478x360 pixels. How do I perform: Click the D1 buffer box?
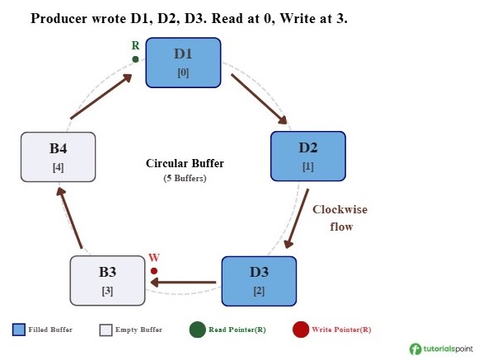pyautogui.click(x=183, y=63)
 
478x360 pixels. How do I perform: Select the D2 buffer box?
pyautogui.click(x=308, y=157)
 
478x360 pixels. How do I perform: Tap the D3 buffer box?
pyautogui.click(x=259, y=281)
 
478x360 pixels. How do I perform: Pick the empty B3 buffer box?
pyautogui.click(x=107, y=281)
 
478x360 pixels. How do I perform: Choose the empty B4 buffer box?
pyautogui.click(x=58, y=157)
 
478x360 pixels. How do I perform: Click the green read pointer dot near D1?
pyautogui.click(x=135, y=58)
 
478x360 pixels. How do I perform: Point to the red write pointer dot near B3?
pyautogui.click(x=154, y=270)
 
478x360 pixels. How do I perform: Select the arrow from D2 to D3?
pyautogui.click(x=298, y=217)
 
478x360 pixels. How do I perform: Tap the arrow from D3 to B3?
pyautogui.click(x=183, y=283)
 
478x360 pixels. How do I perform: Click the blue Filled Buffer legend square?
pyautogui.click(x=19, y=330)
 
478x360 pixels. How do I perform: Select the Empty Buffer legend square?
pyautogui.click(x=105, y=330)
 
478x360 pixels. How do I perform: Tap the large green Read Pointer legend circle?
pyautogui.click(x=197, y=330)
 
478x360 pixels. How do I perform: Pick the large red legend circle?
pyautogui.click(x=300, y=330)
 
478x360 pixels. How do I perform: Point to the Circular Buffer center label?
pyautogui.click(x=185, y=163)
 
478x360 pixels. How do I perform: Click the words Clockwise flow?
pyautogui.click(x=340, y=217)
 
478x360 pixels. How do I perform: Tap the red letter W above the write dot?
pyautogui.click(x=153, y=258)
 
